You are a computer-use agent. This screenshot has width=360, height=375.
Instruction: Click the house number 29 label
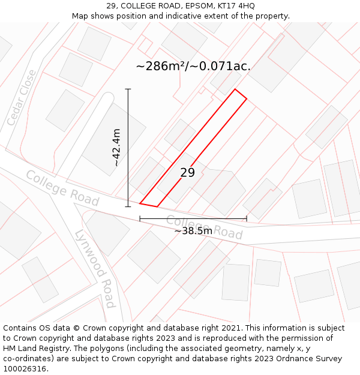pos(187,173)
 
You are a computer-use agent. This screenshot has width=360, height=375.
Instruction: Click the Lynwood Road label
pos(95,268)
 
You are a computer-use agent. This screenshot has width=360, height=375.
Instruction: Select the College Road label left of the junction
pos(62,188)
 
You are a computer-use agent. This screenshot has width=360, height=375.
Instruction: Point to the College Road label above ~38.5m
pos(204,226)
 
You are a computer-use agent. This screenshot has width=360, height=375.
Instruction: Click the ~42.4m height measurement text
pos(116,148)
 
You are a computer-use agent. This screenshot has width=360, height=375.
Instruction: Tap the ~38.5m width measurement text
pos(193,231)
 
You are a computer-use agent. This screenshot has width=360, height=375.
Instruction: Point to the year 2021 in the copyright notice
pos(232,328)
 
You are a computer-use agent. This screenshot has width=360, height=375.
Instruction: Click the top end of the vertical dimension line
pos(128,89)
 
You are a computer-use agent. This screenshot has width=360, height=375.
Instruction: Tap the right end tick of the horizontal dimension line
pos(247,219)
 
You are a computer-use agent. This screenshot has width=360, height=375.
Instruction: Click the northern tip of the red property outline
pos(235,89)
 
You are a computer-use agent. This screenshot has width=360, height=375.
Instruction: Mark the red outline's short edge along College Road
pos(148,205)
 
